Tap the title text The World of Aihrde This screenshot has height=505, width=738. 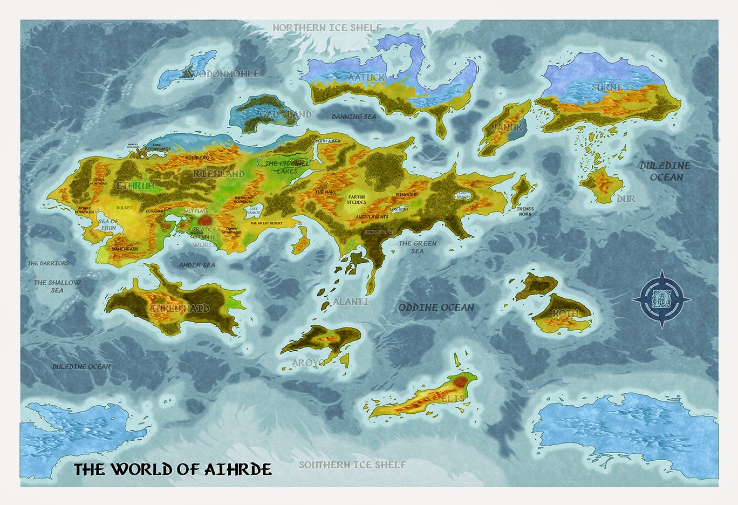pyautogui.click(x=172, y=468)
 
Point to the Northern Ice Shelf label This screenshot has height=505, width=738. pyautogui.click(x=327, y=28)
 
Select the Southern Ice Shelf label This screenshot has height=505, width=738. pyautogui.click(x=352, y=465)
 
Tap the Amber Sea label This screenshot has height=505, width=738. pyautogui.click(x=197, y=265)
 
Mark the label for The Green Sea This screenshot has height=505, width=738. pyautogui.click(x=418, y=247)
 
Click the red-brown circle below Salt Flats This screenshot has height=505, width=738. pyautogui.click(x=204, y=221)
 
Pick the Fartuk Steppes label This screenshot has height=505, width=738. pyautogui.click(x=356, y=200)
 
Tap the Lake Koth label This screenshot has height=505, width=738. pyautogui.click(x=399, y=209)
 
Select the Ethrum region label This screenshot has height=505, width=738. pyautogui.click(x=136, y=186)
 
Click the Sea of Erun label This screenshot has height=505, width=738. pyautogui.click(x=108, y=224)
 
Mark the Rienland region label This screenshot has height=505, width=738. pyautogui.click(x=219, y=174)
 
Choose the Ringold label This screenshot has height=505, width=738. pyautogui.click(x=406, y=195)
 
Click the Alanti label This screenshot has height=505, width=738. pyautogui.click(x=351, y=302)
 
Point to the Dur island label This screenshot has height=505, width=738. pyautogui.click(x=626, y=199)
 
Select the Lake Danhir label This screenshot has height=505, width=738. pyautogui.click(x=254, y=212)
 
